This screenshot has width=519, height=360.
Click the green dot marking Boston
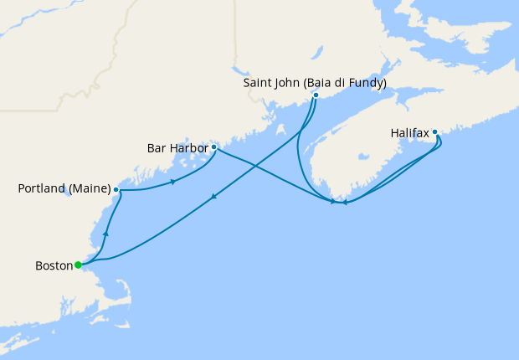point(78,265)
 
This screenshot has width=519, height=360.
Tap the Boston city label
point(53,266)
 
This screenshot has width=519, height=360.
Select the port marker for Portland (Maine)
point(116,190)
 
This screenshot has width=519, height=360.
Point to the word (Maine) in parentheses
point(91,189)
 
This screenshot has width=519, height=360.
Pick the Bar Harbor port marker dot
point(214,147)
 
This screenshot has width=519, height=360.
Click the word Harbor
point(190,148)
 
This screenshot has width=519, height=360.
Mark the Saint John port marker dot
point(316,95)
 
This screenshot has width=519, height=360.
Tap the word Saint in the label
point(259,83)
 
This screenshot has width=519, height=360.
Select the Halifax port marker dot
point(435,131)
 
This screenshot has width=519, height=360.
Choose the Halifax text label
point(410,132)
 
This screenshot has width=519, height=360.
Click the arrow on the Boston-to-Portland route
point(105,234)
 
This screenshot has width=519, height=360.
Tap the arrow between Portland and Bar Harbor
point(172,182)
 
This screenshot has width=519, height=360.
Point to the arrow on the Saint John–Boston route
point(215,197)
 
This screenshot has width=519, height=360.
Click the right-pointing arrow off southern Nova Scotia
point(332,202)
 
